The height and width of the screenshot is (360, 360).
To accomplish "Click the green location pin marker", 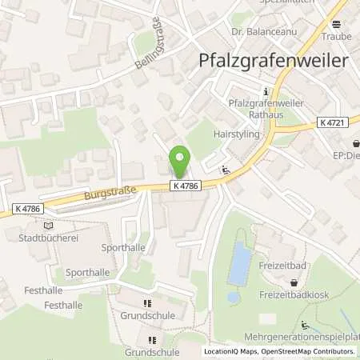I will coord(180,162).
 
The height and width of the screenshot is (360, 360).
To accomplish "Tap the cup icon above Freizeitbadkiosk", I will coord(294,282).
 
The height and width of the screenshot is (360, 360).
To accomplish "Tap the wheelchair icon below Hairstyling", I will coord(227,169).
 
